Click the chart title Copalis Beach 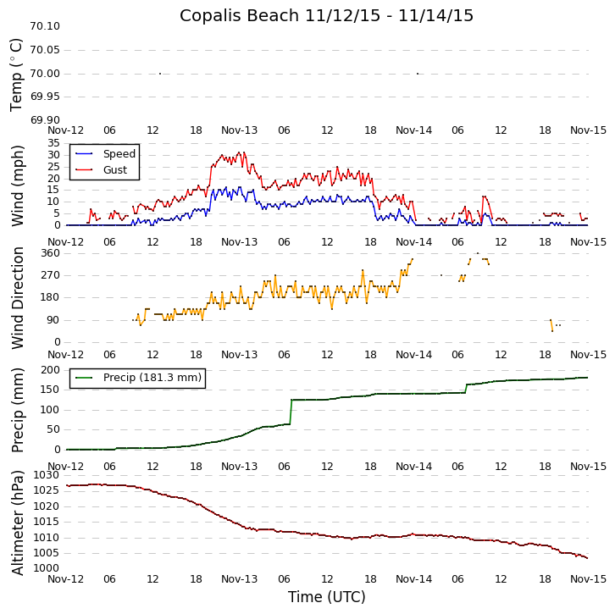(x=326, y=15)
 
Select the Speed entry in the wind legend (x=119, y=154)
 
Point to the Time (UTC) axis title (x=326, y=597)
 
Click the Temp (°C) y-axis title (x=17, y=74)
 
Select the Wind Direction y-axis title (x=17, y=297)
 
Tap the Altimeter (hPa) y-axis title (x=17, y=522)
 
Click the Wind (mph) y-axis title (x=17, y=185)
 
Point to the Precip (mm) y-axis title (x=17, y=409)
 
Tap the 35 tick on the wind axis (x=53, y=143)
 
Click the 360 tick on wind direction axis (x=49, y=253)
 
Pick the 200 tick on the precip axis (x=49, y=369)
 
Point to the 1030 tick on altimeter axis (x=46, y=475)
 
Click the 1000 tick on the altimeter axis (x=46, y=568)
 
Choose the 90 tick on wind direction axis (x=53, y=320)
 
